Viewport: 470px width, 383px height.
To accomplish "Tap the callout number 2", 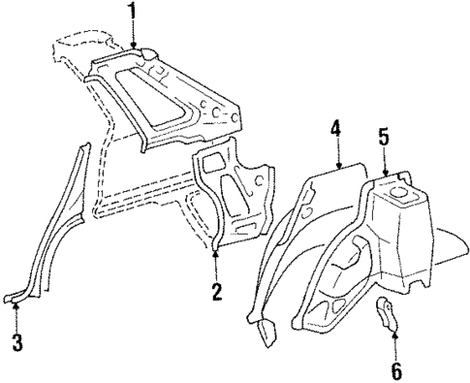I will (x=216, y=290).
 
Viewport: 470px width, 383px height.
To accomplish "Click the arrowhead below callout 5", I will (x=386, y=171).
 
